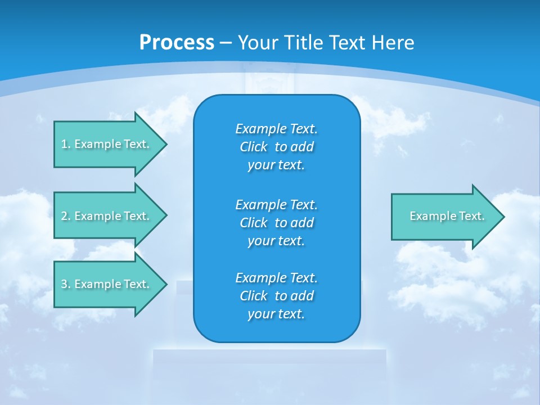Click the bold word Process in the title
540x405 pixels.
click(x=177, y=43)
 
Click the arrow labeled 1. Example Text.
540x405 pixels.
click(x=105, y=144)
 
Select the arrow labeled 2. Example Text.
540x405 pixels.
click(x=105, y=216)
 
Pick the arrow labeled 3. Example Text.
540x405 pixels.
click(x=105, y=284)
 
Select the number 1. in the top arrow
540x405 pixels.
click(x=66, y=144)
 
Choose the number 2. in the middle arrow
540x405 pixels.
click(x=66, y=216)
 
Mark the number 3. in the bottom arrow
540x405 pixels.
click(x=66, y=284)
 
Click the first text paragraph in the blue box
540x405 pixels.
click(x=276, y=147)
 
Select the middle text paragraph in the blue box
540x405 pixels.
click(x=276, y=222)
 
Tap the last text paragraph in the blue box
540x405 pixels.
click(x=276, y=296)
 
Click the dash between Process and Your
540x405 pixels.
click(x=226, y=43)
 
